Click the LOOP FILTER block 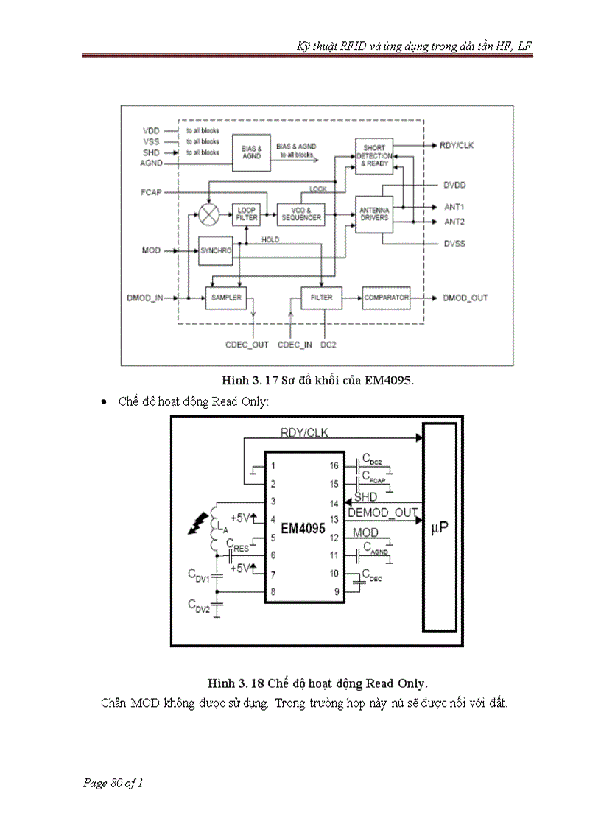click(x=245, y=214)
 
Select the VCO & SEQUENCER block click(x=300, y=214)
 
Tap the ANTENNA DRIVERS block click(x=374, y=214)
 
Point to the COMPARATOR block click(x=386, y=298)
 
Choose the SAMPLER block click(x=225, y=298)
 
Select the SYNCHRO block click(x=216, y=251)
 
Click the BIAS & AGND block click(x=251, y=151)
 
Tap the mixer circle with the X click(x=209, y=214)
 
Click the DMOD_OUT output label click(x=465, y=298)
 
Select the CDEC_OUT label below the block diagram click(x=247, y=345)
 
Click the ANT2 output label click(x=454, y=222)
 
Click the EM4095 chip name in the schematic click(x=303, y=529)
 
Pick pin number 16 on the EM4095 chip click(x=334, y=466)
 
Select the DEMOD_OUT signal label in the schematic click(x=382, y=513)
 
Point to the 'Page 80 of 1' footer click(x=113, y=783)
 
